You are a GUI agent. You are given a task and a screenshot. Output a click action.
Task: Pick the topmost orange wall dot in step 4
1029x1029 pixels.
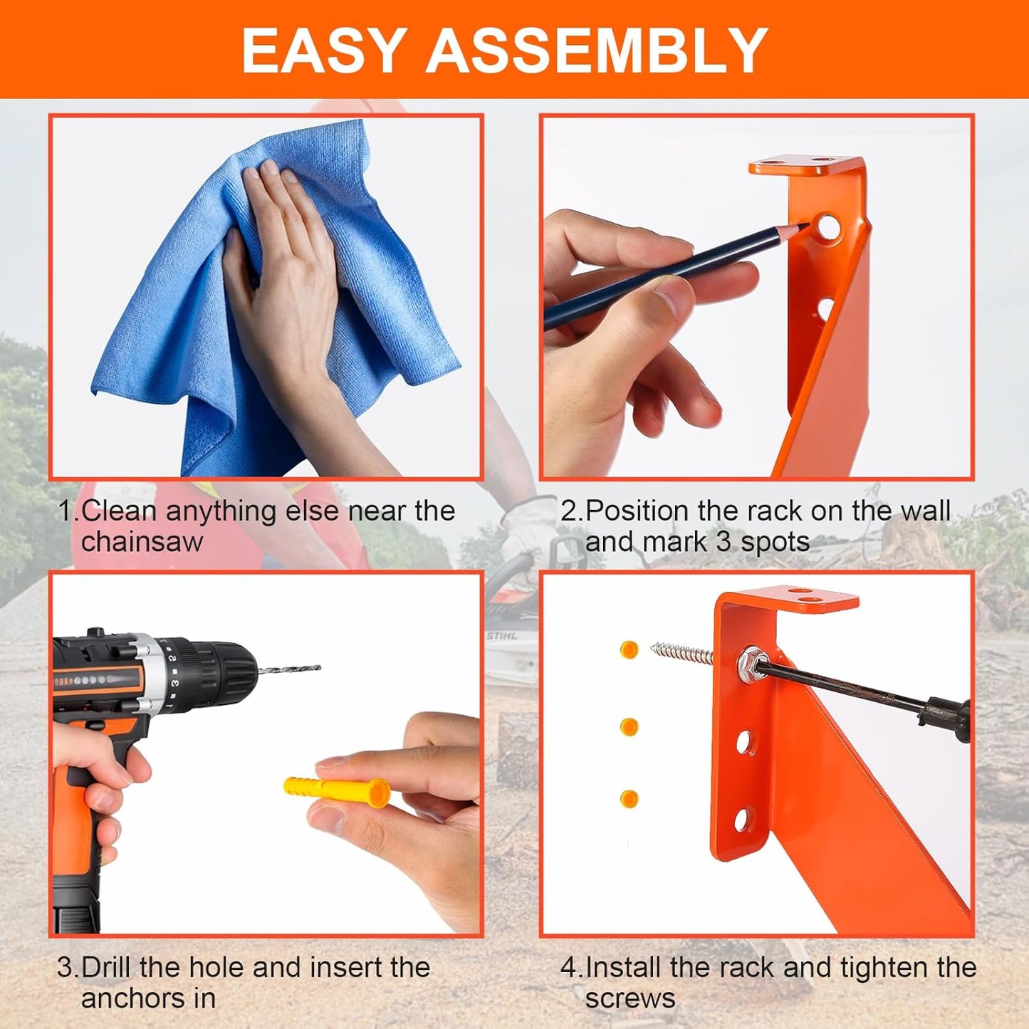click(x=629, y=649)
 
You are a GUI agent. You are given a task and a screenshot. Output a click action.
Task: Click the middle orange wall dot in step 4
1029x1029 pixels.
click(x=629, y=726)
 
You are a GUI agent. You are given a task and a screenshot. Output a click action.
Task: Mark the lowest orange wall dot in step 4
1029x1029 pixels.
click(x=629, y=798)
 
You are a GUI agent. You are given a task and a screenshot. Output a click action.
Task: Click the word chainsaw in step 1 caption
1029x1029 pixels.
click(x=142, y=543)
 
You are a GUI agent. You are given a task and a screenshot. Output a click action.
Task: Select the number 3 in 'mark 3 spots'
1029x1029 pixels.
click(x=724, y=543)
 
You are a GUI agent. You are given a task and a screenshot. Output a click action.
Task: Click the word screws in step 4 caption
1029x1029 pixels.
click(x=630, y=998)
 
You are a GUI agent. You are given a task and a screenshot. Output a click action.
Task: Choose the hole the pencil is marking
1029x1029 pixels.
click(x=827, y=226)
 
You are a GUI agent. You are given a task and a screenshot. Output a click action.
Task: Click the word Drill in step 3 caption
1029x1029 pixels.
click(x=107, y=968)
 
